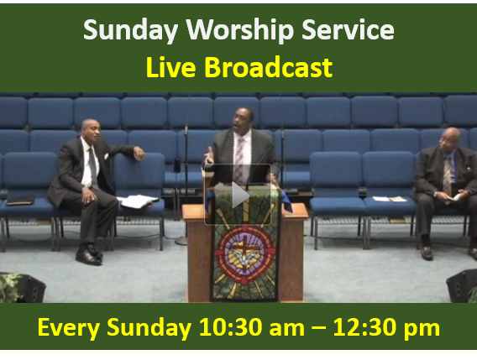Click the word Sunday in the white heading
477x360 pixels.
coord(130,30)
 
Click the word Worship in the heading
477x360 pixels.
coord(240,30)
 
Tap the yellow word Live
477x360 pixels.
coord(170,67)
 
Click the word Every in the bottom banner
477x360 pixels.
coord(69,328)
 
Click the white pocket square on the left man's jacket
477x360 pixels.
coord(106,156)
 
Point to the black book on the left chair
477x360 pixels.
coord(20,200)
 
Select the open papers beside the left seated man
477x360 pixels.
coord(138,201)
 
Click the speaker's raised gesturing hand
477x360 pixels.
coord(208,156)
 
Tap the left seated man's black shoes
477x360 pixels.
coord(89,255)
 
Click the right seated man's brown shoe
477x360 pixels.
coord(427,253)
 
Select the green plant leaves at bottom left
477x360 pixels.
coord(9,287)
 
